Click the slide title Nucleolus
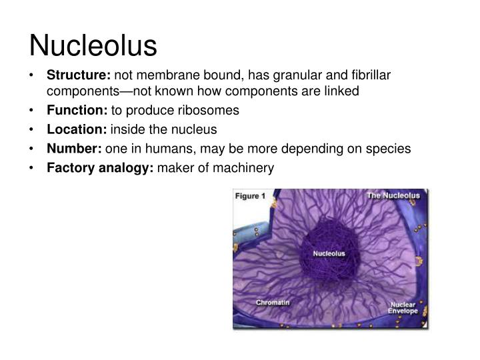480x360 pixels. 93,45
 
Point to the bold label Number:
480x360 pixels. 73,149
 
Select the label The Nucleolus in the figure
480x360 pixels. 393,196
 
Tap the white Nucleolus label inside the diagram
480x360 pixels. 329,254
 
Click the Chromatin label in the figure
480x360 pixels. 273,302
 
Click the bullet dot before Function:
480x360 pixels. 33,110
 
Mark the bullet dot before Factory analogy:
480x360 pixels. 33,168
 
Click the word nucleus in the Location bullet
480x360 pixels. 197,129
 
